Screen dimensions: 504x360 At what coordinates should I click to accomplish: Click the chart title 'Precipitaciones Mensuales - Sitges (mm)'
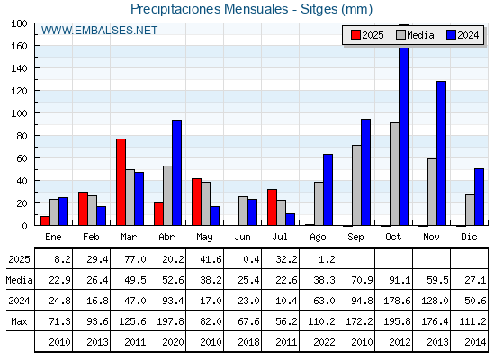click(252, 9)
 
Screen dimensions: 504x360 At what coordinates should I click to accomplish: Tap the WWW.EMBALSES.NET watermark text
click(99, 31)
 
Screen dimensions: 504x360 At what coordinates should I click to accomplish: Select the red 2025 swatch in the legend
click(355, 35)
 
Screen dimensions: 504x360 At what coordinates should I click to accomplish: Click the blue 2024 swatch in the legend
click(451, 35)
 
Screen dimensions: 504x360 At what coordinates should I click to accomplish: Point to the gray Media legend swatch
click(400, 35)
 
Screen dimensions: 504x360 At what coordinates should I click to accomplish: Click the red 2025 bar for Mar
click(121, 182)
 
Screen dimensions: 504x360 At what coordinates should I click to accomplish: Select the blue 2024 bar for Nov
click(441, 153)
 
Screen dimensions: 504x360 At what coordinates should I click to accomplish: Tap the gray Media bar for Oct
click(394, 174)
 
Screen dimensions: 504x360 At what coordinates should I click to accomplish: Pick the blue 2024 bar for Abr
click(176, 173)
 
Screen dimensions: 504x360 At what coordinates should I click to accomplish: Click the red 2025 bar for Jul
click(272, 207)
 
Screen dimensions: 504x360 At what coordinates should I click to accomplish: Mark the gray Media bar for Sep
click(356, 185)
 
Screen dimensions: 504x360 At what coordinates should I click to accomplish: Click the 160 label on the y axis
click(19, 46)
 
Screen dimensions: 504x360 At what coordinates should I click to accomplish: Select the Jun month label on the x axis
click(242, 237)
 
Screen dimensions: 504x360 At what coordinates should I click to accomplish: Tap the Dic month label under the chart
click(469, 237)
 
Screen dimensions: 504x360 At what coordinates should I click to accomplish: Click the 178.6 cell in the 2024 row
click(397, 301)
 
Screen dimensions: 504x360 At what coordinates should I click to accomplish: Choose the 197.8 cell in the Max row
click(170, 321)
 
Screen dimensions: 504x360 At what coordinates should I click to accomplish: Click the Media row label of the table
click(19, 280)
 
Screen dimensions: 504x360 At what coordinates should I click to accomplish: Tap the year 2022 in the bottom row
click(324, 342)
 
